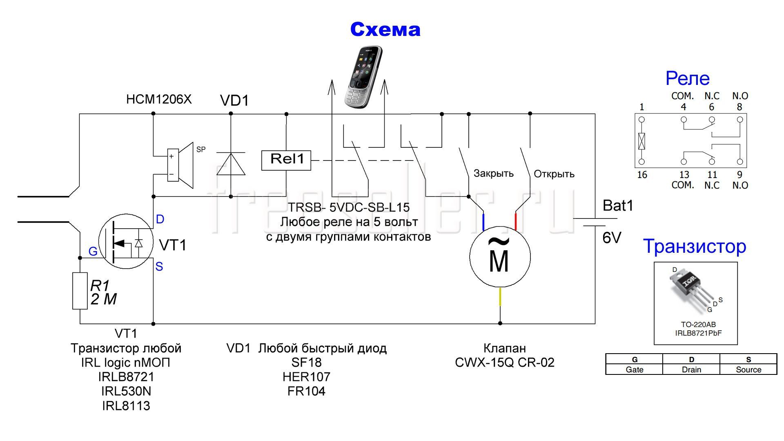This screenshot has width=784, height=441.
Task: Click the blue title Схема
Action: (385, 29)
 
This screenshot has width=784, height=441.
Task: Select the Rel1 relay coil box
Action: (286, 160)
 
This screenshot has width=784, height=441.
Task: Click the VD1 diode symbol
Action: (231, 164)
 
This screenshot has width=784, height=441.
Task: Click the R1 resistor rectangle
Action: (80, 291)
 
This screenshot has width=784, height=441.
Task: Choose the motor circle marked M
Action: (500, 257)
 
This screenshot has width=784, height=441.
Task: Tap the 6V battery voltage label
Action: (612, 238)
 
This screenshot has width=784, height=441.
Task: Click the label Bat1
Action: (618, 205)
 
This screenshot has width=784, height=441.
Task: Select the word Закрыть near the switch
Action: (493, 174)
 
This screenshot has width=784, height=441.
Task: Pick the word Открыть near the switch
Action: (554, 174)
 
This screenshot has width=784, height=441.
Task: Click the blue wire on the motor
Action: (484, 222)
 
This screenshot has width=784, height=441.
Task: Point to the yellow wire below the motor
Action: (500, 297)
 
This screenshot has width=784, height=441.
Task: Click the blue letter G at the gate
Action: (93, 252)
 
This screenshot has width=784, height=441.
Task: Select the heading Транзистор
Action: (695, 247)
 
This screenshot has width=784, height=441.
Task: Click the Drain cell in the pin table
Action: (691, 370)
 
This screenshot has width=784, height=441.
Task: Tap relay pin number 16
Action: (642, 175)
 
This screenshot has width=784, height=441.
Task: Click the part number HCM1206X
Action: (159, 99)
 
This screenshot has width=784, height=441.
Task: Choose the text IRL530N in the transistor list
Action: (126, 391)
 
